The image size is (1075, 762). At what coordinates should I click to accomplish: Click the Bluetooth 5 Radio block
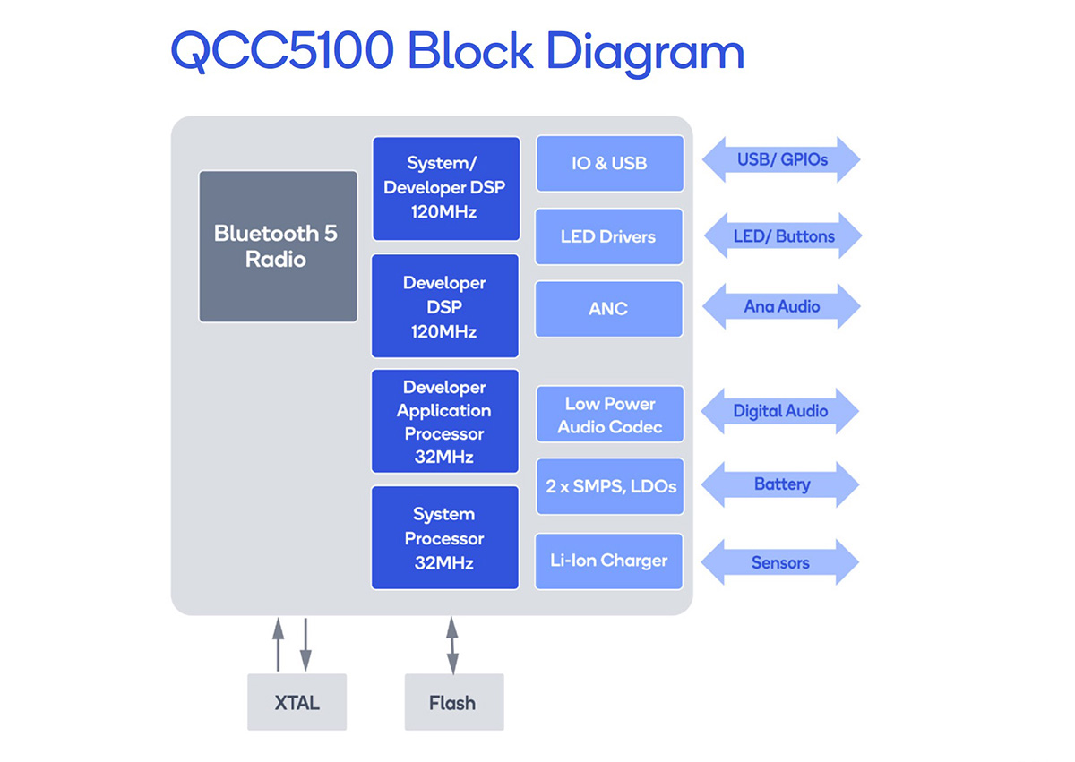coord(278,246)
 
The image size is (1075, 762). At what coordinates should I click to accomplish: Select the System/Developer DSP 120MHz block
coord(446,188)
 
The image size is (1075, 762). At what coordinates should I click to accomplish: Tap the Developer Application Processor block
coord(445,421)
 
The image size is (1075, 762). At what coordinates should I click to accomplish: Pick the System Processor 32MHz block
coord(445,537)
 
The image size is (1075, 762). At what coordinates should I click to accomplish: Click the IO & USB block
coord(610,164)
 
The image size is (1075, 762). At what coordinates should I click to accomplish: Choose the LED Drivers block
coord(609,236)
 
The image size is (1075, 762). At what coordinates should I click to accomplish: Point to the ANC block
coord(609,309)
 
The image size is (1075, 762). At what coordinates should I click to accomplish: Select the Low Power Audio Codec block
coord(610,415)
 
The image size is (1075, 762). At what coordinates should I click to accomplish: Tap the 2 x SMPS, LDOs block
coord(610,487)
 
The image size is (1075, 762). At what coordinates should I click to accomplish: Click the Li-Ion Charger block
coord(609,561)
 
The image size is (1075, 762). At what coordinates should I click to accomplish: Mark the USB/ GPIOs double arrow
coord(781,159)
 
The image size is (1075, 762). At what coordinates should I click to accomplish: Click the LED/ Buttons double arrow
coord(783,235)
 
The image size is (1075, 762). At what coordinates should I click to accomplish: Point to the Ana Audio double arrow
coord(781,306)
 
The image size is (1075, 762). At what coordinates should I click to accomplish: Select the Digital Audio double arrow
coord(780,411)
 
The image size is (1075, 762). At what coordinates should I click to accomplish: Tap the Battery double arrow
coord(780,484)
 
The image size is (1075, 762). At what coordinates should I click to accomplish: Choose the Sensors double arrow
coord(780,562)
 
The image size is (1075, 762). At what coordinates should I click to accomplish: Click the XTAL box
coord(297,702)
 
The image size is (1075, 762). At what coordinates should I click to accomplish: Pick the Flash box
coord(454,702)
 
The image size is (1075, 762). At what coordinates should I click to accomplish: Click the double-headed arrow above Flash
coord(452,646)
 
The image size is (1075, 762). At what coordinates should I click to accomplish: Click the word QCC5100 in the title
coord(282,50)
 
